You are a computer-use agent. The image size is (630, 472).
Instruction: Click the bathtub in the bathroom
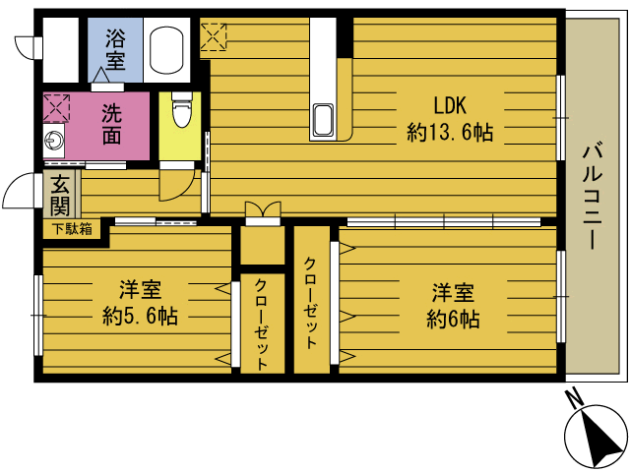166,50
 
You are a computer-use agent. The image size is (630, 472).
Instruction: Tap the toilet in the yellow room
182,109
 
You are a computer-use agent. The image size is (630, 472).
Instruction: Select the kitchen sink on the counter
324,120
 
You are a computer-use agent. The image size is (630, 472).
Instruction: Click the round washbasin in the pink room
52,141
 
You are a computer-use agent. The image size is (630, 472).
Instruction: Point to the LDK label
450,105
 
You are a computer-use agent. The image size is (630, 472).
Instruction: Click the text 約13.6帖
450,132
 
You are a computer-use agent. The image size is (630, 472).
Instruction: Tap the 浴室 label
116,49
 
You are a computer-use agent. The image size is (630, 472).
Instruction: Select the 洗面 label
111,125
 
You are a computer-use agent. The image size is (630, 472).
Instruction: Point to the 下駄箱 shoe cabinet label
72,229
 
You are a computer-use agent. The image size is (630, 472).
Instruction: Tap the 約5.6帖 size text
140,316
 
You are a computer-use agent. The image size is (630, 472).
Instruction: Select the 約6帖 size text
453,320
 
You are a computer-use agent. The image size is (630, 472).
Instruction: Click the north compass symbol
596,436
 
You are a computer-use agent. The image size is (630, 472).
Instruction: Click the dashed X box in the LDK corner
214,37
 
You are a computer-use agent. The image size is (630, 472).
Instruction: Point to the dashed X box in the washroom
57,107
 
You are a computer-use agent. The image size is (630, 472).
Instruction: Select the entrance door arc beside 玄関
17,190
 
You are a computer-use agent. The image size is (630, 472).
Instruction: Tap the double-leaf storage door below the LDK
263,209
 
